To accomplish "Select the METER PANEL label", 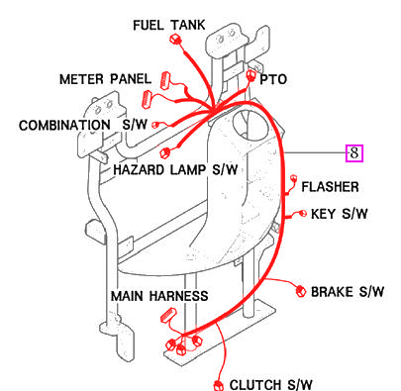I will (103, 79).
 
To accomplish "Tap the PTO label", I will (275, 77).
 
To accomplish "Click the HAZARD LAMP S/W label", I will (175, 169).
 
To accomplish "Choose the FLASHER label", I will (331, 186).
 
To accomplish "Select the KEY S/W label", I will (340, 213).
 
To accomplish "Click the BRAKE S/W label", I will (348, 292).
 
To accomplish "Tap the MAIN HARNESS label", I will (158, 296).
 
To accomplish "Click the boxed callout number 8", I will (353, 152).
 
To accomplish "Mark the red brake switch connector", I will (299, 290).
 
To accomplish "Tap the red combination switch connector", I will (156, 125).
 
